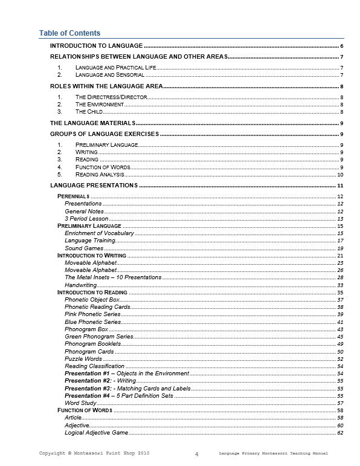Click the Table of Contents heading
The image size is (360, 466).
pyautogui.click(x=69, y=33)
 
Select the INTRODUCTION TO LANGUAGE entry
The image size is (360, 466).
pyautogui.click(x=96, y=46)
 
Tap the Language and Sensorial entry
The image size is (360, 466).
pyautogui.click(x=109, y=75)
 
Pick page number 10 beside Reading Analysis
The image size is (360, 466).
pyautogui.click(x=340, y=174)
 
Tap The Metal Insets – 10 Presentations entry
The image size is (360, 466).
pyautogui.click(x=113, y=277)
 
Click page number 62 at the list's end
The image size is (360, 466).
pyautogui.click(x=341, y=433)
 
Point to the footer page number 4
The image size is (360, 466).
pyautogui.click(x=197, y=453)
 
